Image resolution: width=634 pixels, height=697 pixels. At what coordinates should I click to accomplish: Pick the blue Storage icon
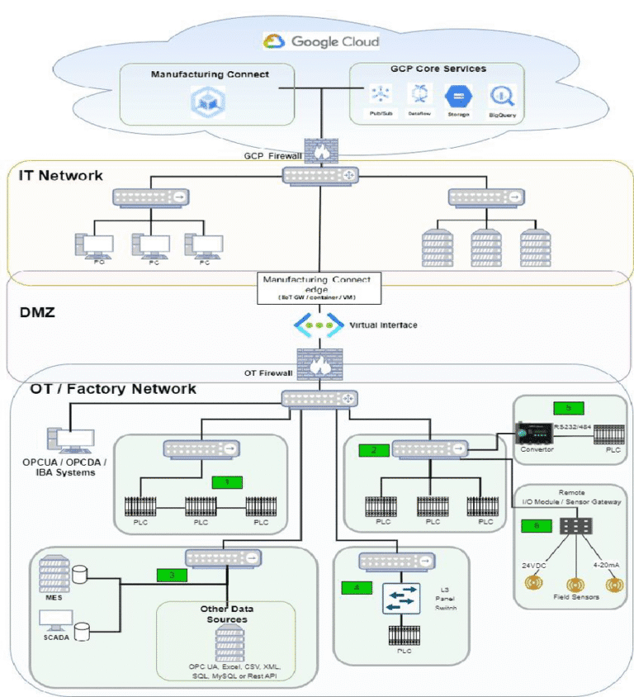(458, 95)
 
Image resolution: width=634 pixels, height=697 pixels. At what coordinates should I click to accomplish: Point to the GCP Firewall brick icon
(317, 149)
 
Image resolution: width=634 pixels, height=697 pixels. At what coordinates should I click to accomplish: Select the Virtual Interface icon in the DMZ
(318, 325)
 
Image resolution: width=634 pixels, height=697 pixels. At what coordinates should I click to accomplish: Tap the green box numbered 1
(227, 481)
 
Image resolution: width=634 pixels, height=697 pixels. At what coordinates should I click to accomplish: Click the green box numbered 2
(374, 450)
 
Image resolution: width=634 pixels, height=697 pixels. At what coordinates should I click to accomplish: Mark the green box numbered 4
(357, 588)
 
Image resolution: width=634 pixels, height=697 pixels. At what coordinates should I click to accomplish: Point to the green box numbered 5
(568, 408)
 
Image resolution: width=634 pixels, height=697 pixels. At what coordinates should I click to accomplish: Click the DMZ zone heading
(37, 315)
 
